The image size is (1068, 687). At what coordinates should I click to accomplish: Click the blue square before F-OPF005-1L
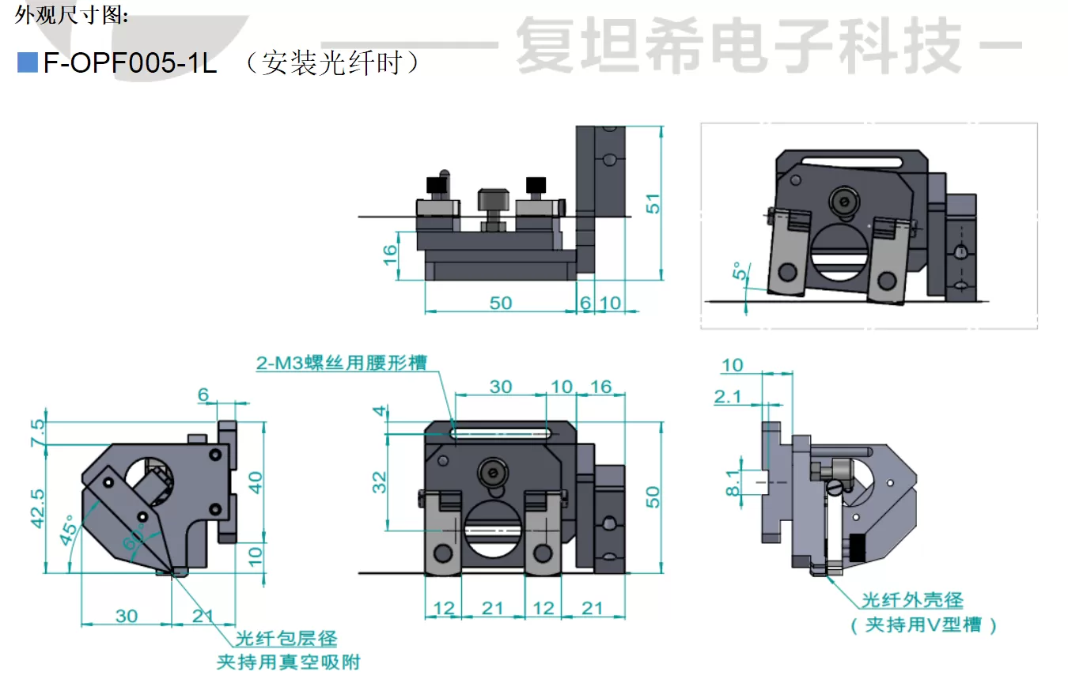click(28, 62)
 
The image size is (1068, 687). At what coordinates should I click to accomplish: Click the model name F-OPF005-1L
click(130, 63)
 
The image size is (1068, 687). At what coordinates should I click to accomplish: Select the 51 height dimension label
click(652, 203)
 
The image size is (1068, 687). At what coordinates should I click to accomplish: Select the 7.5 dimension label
click(37, 432)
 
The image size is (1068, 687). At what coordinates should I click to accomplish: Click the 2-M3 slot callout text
click(340, 363)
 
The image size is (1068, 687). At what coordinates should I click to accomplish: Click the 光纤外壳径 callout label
click(912, 601)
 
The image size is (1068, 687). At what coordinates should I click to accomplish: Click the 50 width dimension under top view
click(500, 303)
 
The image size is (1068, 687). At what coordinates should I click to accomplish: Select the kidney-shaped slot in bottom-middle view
click(501, 432)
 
